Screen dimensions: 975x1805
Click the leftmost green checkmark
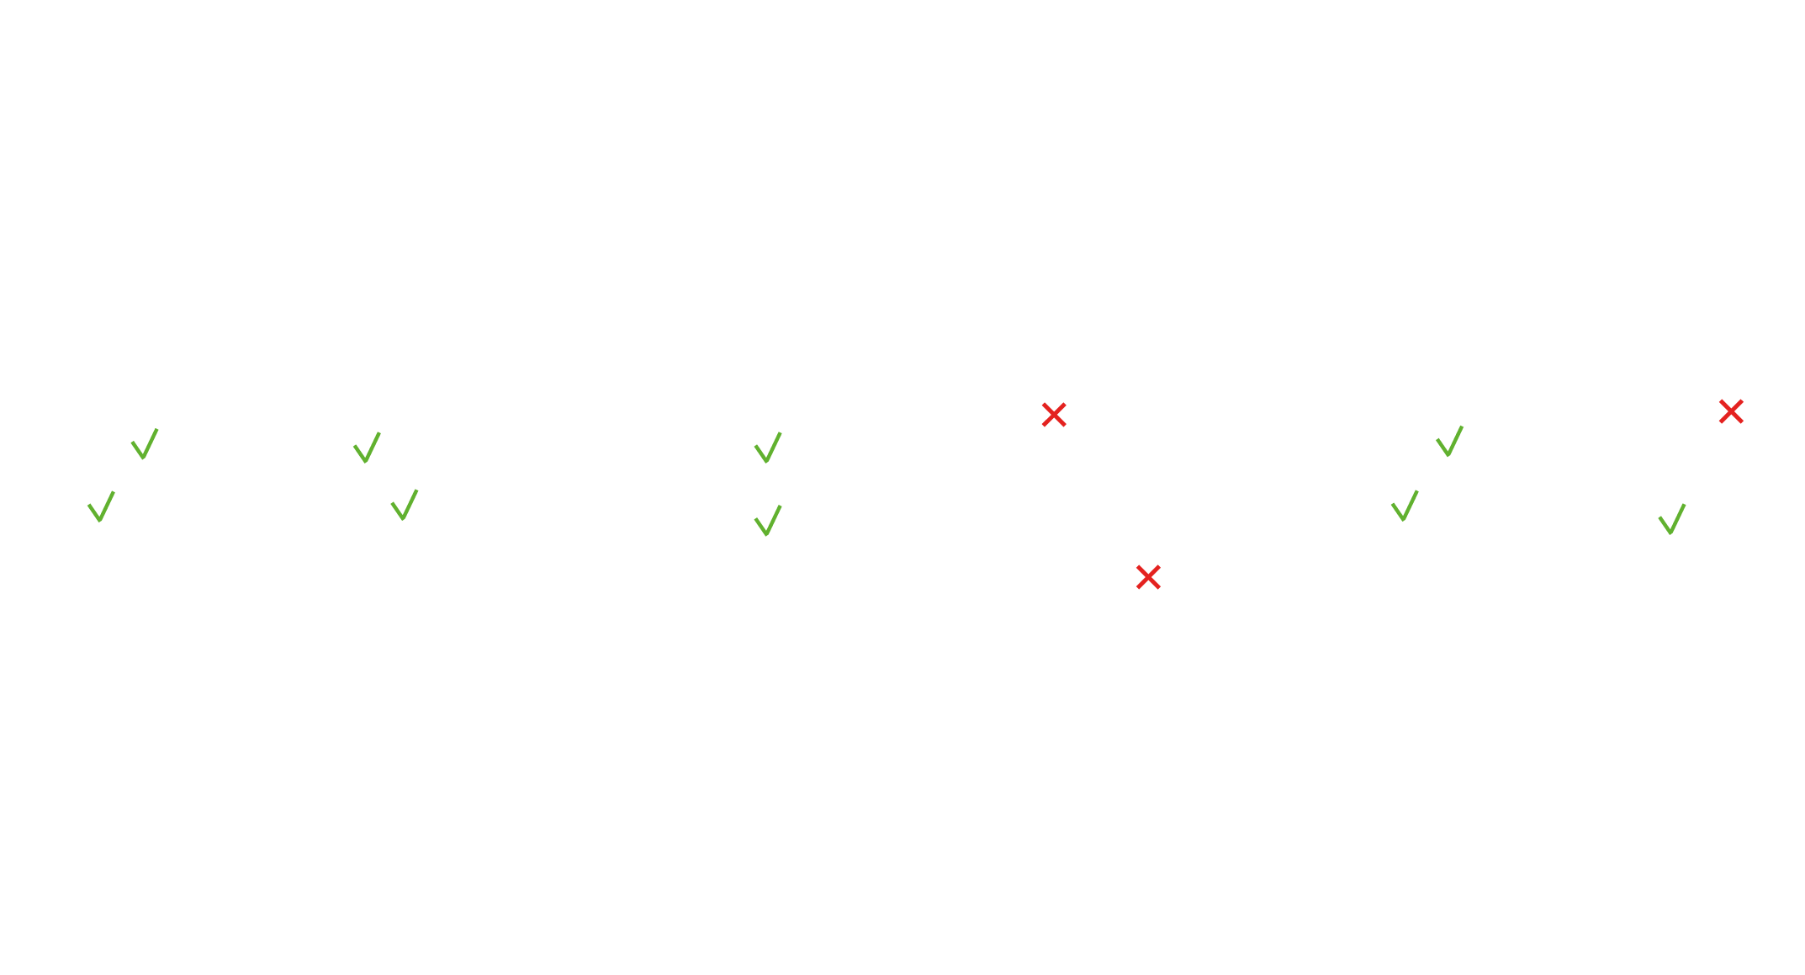coord(101,507)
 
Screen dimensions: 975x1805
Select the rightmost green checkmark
coord(1672,519)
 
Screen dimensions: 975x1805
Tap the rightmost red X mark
coord(1731,411)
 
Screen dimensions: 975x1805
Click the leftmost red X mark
coord(1054,415)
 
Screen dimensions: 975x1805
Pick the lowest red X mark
coord(1148,577)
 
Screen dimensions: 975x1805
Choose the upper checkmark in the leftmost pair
coord(145,444)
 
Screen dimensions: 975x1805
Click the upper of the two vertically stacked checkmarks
coord(768,448)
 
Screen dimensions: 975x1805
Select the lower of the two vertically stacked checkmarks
coord(768,521)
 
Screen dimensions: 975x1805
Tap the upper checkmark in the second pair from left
coord(367,448)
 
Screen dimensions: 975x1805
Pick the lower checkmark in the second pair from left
coord(405,505)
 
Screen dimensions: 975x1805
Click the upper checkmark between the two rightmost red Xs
coord(1449,441)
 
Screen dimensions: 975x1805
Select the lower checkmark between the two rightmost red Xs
coord(1405,506)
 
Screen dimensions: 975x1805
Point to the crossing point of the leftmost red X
coord(1054,415)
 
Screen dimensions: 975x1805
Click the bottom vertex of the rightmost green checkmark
coord(1670,533)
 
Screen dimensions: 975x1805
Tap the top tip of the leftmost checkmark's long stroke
coord(113,493)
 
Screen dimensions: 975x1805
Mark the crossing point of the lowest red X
coord(1148,577)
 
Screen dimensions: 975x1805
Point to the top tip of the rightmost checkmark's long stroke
coord(1684,505)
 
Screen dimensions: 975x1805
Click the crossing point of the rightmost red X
coord(1731,411)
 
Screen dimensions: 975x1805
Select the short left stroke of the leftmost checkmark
coord(94,511)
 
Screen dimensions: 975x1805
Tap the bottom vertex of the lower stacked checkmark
coord(766,534)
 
